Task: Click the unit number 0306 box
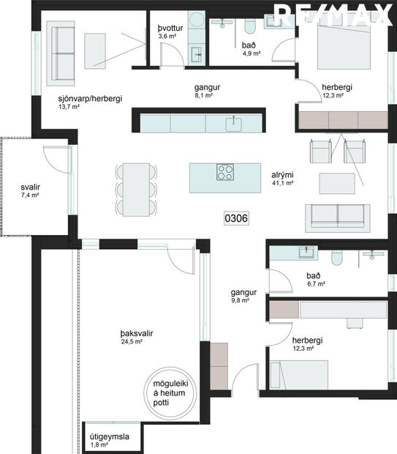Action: tap(235, 217)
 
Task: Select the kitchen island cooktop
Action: tap(225, 173)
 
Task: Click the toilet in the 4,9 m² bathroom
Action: tap(249, 26)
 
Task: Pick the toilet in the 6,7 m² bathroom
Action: tap(337, 258)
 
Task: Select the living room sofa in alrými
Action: tap(337, 214)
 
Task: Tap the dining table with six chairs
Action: tap(136, 187)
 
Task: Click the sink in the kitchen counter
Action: tap(235, 122)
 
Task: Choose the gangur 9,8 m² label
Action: tap(240, 295)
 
